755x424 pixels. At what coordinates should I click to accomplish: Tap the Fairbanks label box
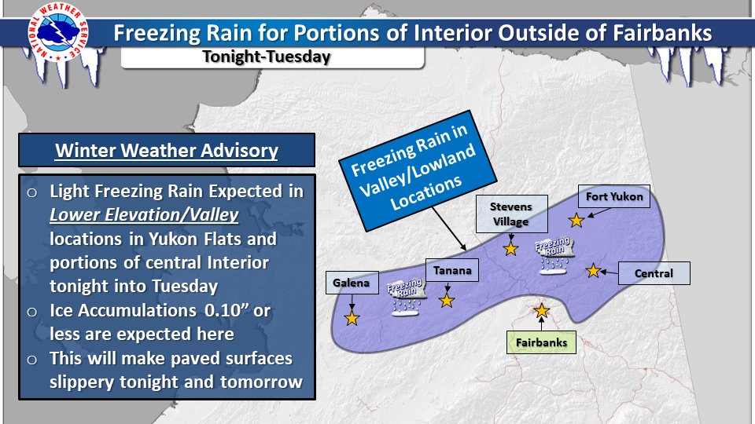(x=541, y=342)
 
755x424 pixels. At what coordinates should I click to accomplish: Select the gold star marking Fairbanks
(x=542, y=311)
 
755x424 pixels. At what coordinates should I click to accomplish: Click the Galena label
(x=352, y=283)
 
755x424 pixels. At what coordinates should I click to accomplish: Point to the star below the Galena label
(x=352, y=318)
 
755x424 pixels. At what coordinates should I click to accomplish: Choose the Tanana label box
(x=452, y=270)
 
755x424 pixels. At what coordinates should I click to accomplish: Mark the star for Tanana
(x=447, y=301)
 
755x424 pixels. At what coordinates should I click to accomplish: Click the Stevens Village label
(x=511, y=214)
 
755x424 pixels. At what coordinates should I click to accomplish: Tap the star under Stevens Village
(x=510, y=249)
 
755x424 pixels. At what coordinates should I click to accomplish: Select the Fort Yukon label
(x=614, y=196)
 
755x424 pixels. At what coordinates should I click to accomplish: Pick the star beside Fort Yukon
(x=576, y=220)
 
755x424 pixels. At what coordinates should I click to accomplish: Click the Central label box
(x=654, y=273)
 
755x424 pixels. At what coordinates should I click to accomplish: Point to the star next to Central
(x=593, y=271)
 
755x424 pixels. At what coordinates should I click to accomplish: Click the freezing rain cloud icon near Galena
(x=406, y=297)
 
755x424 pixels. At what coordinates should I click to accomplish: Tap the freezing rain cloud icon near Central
(x=554, y=255)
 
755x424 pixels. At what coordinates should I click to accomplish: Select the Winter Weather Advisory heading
(x=167, y=151)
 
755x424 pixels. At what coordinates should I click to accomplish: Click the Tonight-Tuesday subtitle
(x=267, y=57)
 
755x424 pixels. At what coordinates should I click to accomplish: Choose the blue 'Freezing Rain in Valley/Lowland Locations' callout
(x=417, y=170)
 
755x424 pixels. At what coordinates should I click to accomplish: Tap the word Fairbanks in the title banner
(x=662, y=33)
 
